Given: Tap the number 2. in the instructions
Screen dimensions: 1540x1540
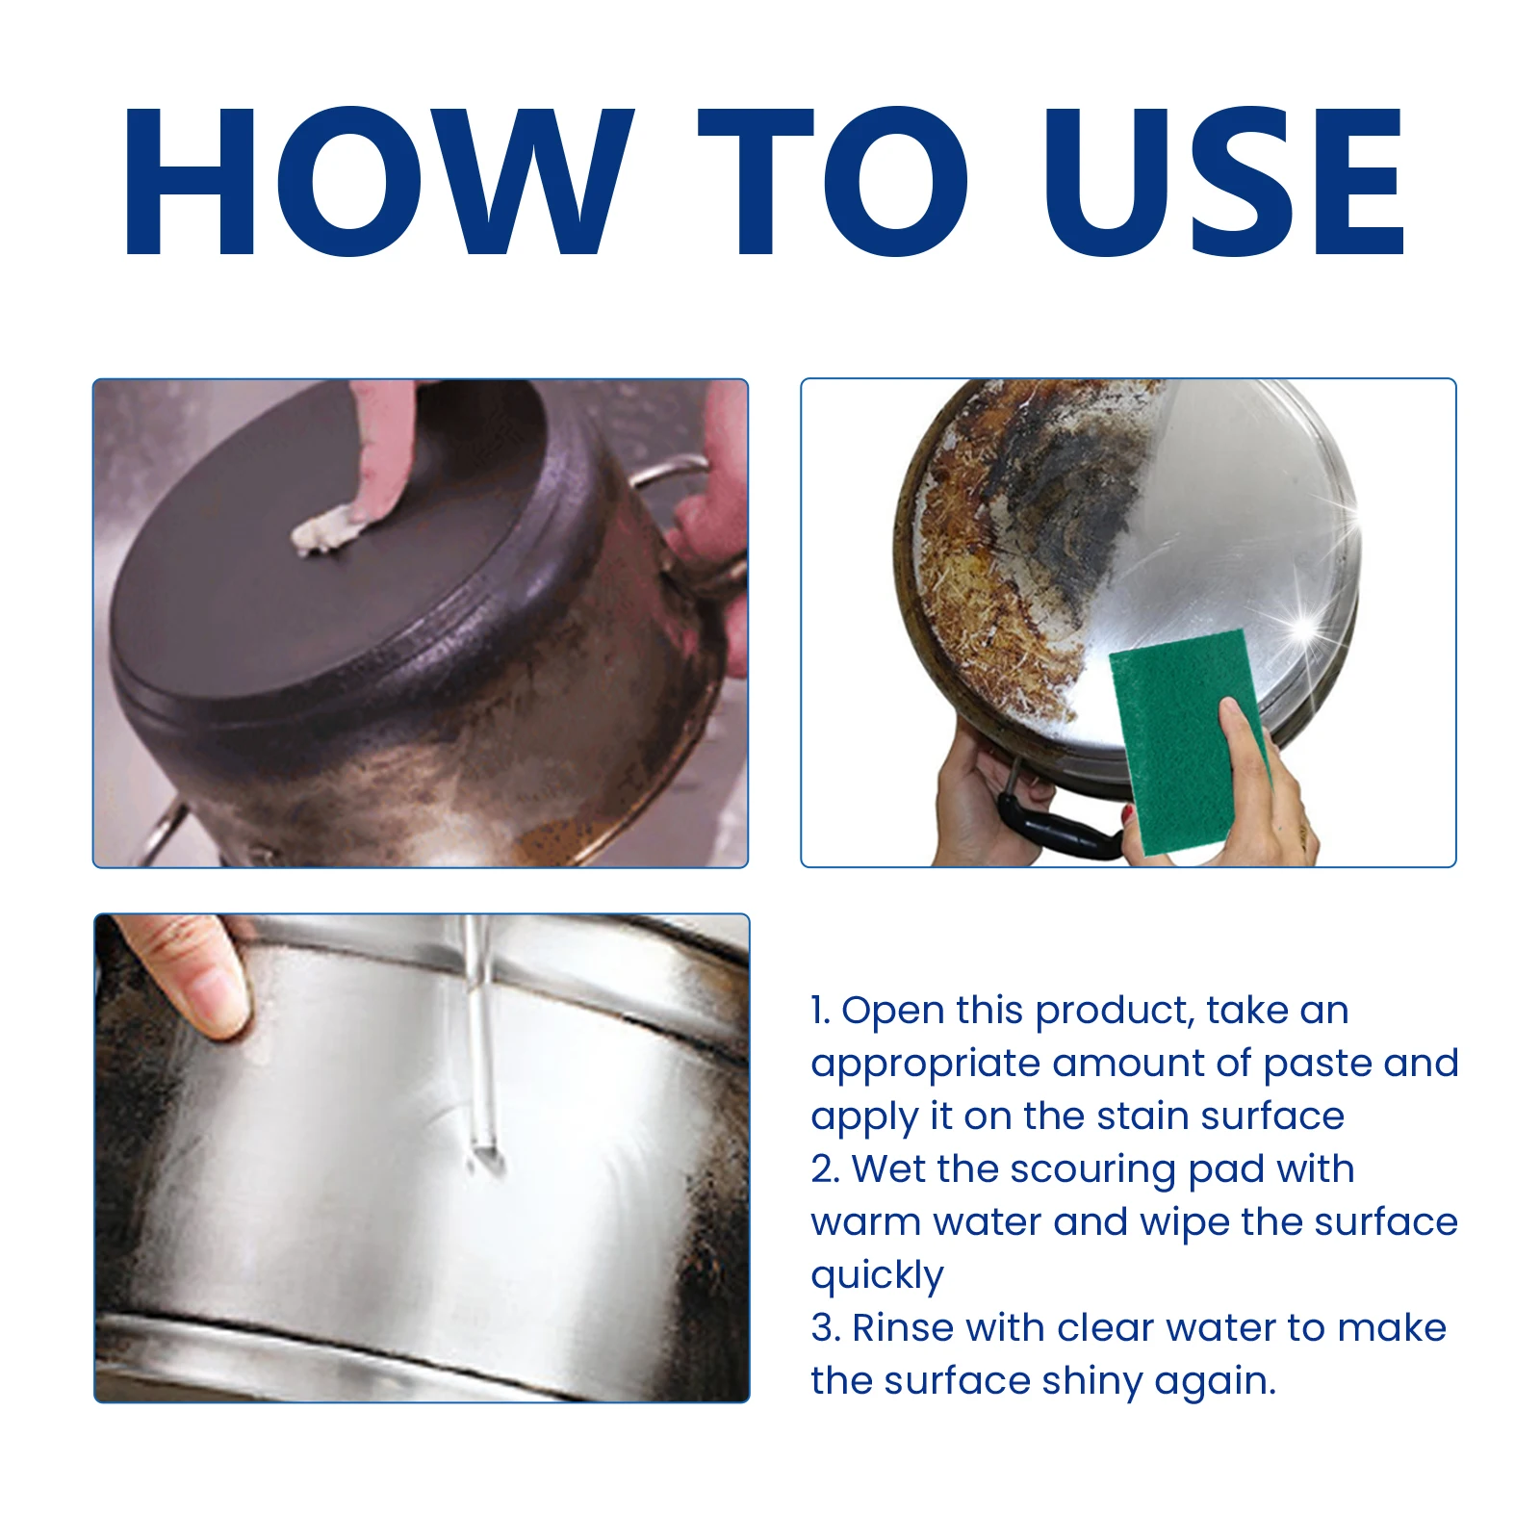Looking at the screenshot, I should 825,1169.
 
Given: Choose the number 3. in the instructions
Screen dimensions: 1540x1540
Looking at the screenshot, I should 825,1328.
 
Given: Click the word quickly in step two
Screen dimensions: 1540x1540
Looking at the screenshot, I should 877,1276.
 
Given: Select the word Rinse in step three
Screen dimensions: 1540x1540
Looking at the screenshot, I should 902,1328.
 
